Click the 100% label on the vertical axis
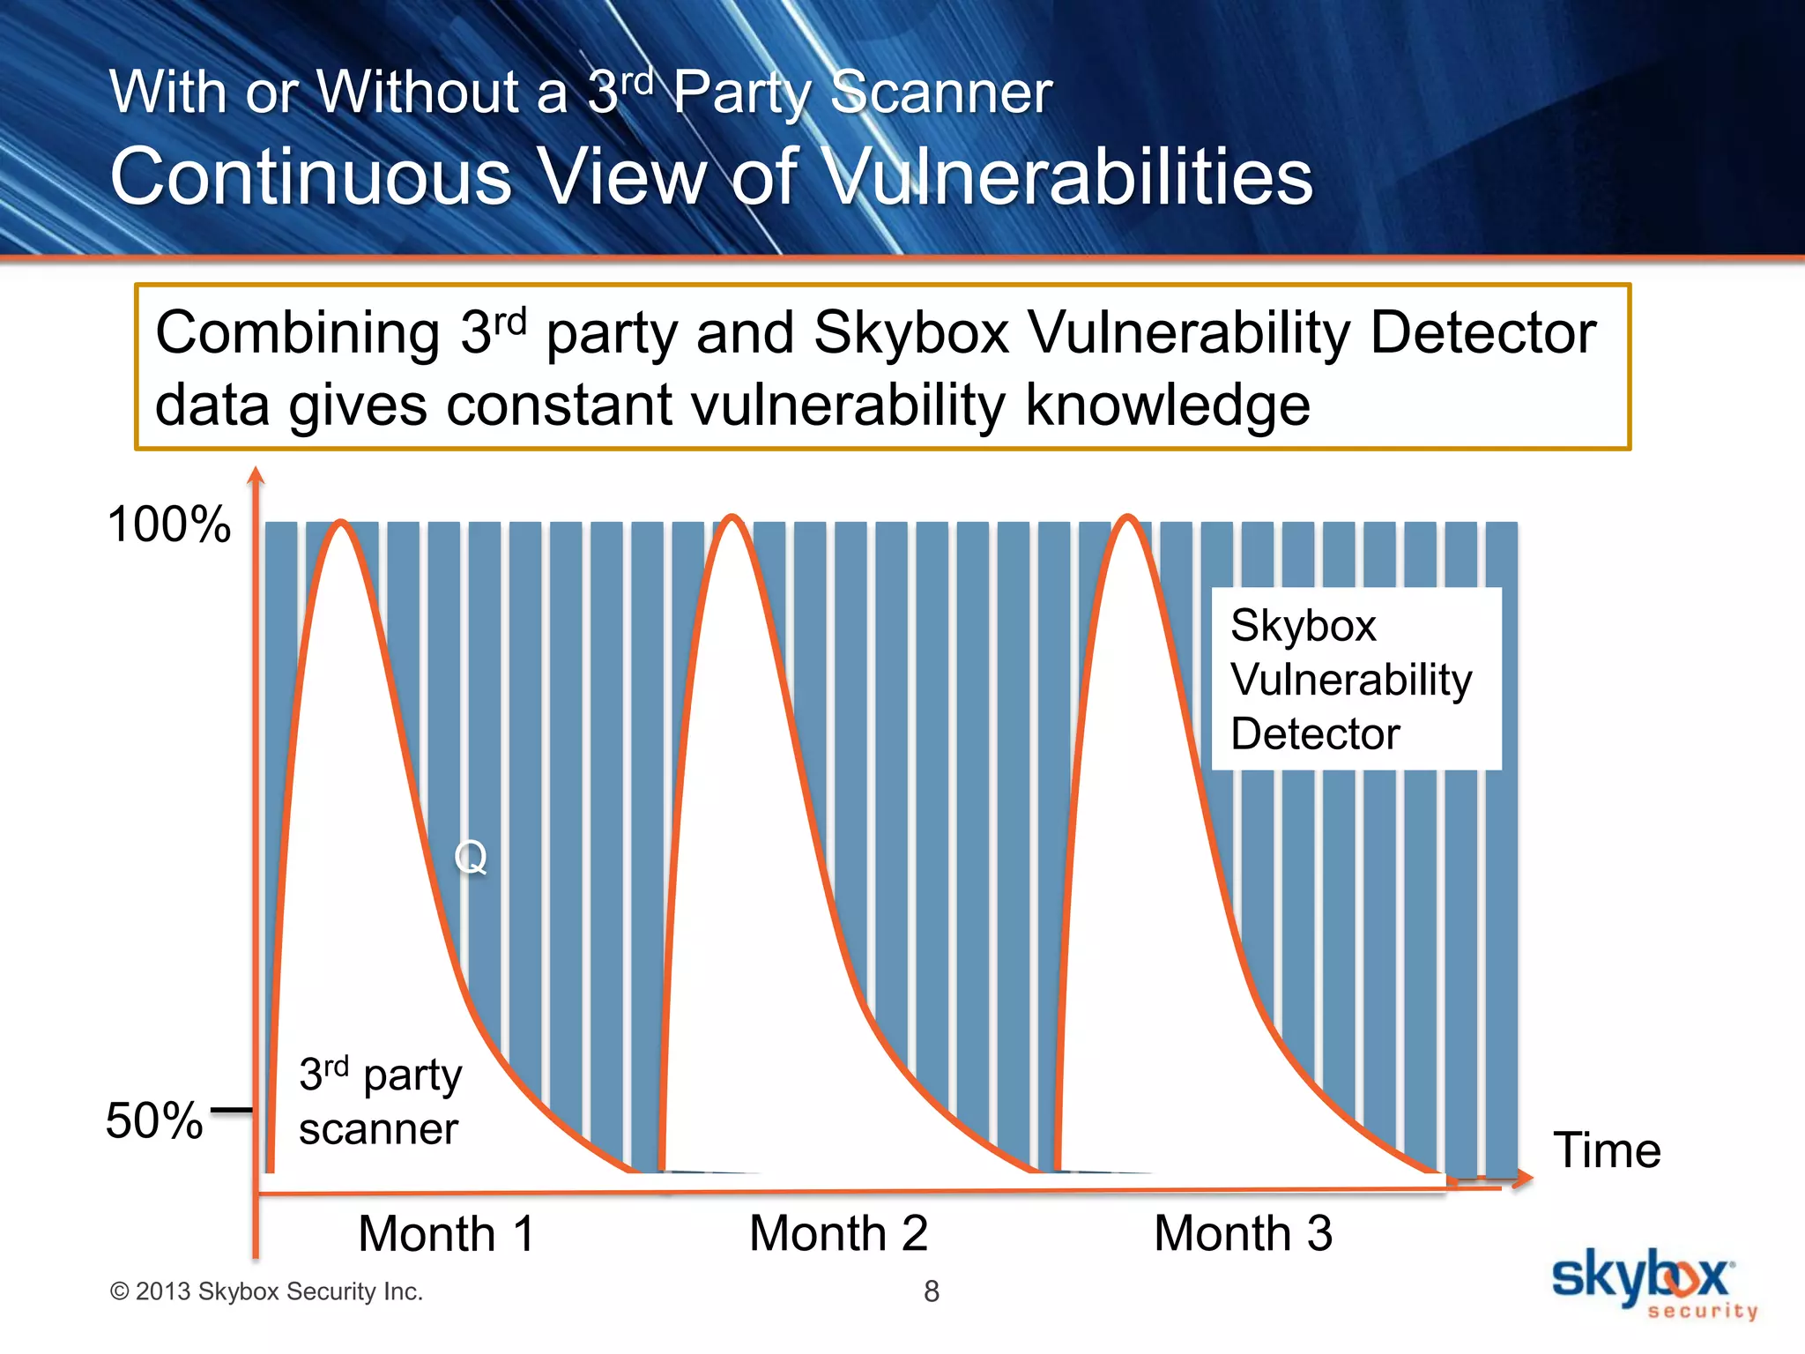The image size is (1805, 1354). coord(168,524)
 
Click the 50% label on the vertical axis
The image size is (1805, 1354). coord(154,1120)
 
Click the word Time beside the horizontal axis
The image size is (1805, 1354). coord(1606,1150)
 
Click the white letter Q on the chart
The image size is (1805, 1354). coord(471,856)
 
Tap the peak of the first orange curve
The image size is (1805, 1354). coord(341,524)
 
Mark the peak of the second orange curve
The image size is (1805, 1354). coord(732,517)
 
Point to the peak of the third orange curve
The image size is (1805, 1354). coord(1128,517)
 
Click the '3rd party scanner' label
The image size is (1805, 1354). coord(379,1101)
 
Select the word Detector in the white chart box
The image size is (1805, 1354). coord(1314,733)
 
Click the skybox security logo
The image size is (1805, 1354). coord(1653,1283)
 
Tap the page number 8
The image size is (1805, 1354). coord(932,1291)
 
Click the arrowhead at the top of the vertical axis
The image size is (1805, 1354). coord(256,476)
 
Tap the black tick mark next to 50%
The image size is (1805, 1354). coord(232,1111)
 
